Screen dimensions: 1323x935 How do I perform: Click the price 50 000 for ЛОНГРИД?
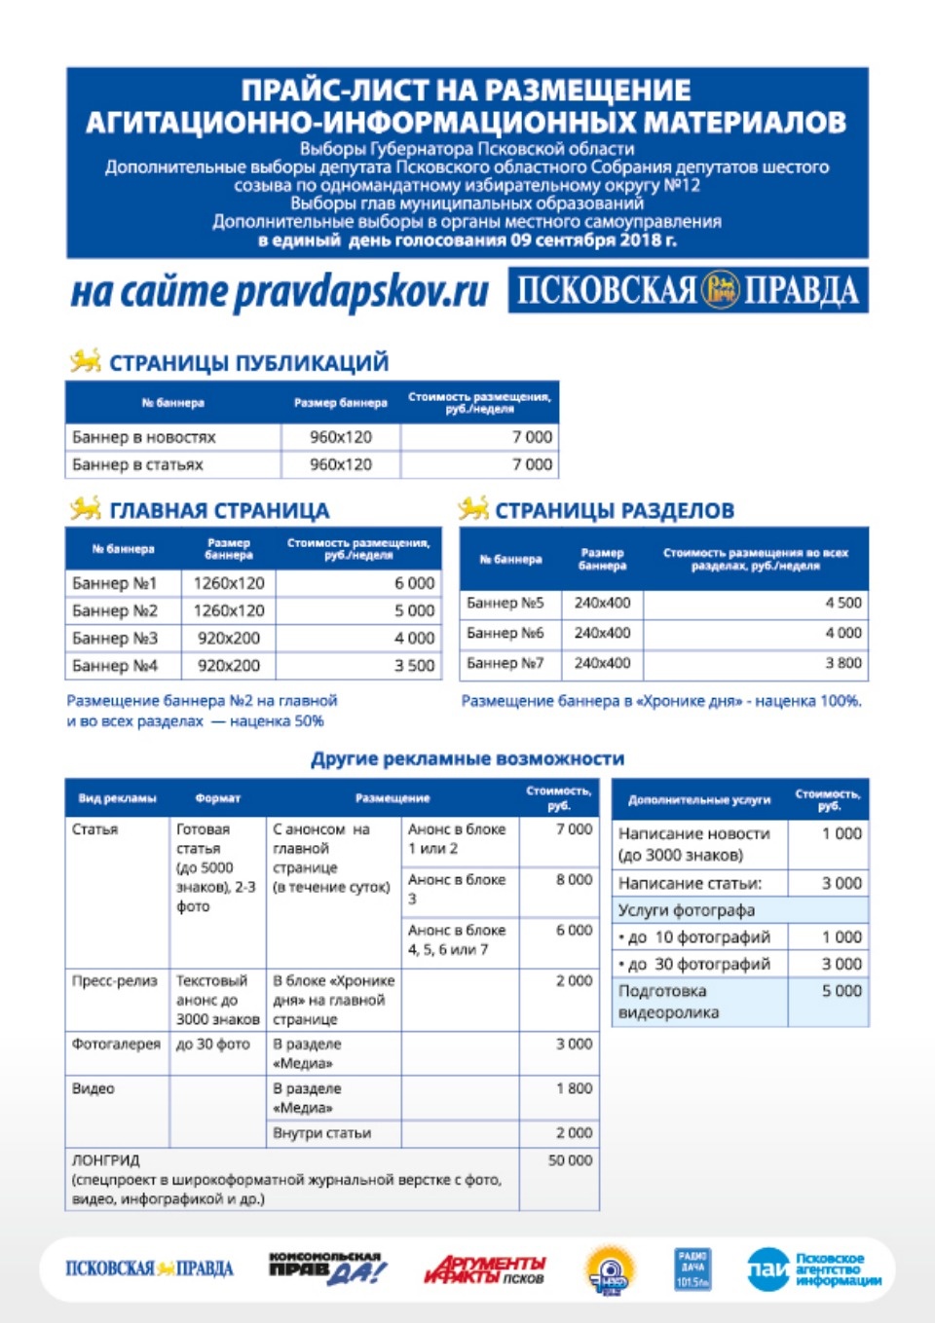pos(570,1160)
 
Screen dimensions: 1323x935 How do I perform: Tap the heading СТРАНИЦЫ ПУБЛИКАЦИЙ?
pos(248,363)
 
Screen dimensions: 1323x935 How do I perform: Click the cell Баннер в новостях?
pos(144,437)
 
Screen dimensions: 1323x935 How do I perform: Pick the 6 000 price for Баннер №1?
pos(414,583)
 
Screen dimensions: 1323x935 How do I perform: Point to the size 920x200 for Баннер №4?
pos(229,666)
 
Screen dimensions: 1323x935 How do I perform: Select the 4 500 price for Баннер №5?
pos(842,603)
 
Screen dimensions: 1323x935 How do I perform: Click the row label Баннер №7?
pos(505,663)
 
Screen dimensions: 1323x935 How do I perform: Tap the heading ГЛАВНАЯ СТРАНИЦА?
pos(219,510)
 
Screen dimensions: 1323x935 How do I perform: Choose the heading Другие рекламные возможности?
pos(467,758)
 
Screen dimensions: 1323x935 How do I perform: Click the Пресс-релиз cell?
pos(115,981)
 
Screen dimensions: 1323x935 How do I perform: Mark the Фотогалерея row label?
pos(116,1044)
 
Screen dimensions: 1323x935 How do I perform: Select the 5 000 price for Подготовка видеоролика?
pos(841,991)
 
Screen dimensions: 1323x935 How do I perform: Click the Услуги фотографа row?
pos(687,910)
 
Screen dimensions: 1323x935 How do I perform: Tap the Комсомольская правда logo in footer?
pos(326,1268)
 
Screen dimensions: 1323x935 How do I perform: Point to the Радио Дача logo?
pos(692,1268)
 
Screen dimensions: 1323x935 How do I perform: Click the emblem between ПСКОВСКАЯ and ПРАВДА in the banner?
pos(721,290)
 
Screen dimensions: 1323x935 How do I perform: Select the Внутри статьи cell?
pos(322,1133)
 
